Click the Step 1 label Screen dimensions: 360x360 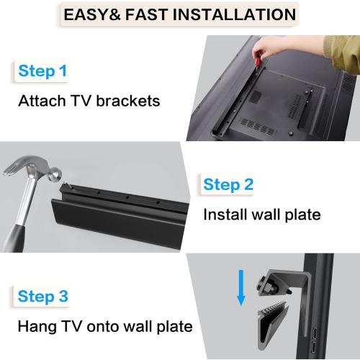click(42, 71)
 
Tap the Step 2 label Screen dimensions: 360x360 click(228, 184)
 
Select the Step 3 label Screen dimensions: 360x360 click(42, 296)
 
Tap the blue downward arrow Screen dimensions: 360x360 click(241, 288)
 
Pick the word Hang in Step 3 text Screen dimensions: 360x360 click(36, 326)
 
